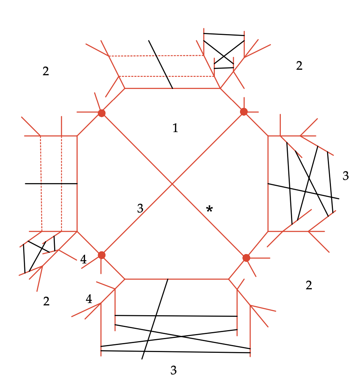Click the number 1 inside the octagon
[x=175, y=128]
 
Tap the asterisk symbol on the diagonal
[x=209, y=209]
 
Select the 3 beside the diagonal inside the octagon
[x=140, y=208]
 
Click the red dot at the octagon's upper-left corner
[x=102, y=113]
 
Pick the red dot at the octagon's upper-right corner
[x=244, y=112]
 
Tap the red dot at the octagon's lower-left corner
[x=102, y=255]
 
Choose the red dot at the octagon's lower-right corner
[x=246, y=258]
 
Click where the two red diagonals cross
[x=172, y=183]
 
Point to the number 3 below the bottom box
[x=173, y=370]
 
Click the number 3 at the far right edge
[x=345, y=176]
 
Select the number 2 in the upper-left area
[x=46, y=71]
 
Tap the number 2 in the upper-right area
[x=299, y=65]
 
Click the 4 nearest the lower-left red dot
[x=83, y=259]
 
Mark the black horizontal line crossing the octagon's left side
[x=51, y=183]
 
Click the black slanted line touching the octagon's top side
[x=160, y=64]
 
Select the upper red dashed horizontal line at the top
[x=156, y=56]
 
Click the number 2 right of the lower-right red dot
[x=309, y=285]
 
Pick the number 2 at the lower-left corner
[x=46, y=301]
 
